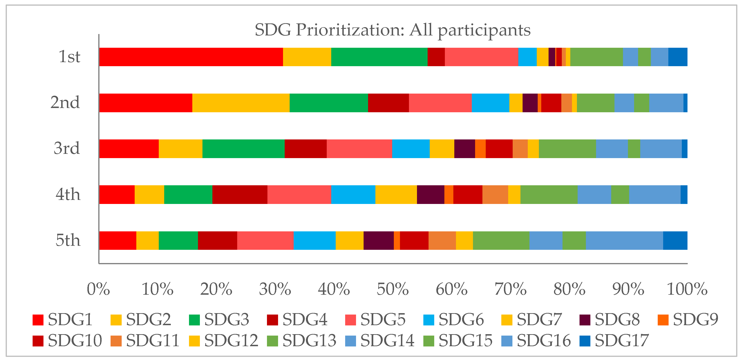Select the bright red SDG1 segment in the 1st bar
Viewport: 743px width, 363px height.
[191, 57]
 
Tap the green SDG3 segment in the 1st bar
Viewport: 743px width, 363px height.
[379, 57]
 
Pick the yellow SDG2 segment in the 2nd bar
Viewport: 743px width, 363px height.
[241, 103]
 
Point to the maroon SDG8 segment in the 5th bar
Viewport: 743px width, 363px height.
[378, 240]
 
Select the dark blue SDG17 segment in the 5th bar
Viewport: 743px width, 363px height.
[675, 240]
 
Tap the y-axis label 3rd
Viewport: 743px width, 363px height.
[67, 148]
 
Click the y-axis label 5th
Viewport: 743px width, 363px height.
[68, 240]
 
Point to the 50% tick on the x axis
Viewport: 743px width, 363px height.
[393, 289]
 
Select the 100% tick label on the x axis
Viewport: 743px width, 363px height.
[687, 289]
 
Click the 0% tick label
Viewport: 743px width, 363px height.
[98, 289]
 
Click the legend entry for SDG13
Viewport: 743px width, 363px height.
[301, 341]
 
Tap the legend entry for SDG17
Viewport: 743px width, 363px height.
[614, 341]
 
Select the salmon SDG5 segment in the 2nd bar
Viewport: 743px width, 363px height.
[440, 103]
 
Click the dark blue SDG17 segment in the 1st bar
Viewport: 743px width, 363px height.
[678, 57]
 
